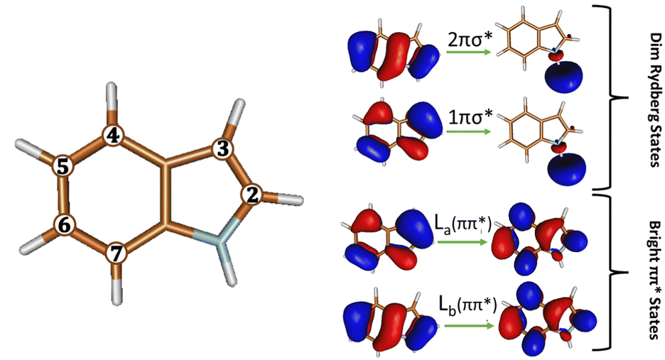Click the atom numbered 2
coord(251,193)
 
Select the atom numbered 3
coord(223,149)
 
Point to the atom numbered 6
coord(64,225)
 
